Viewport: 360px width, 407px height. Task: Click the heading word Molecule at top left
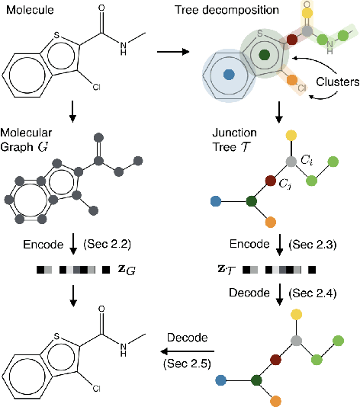pyautogui.click(x=27, y=8)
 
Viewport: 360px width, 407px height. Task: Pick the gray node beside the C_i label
pyautogui.click(x=290, y=162)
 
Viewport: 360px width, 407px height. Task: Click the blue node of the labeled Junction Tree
pyautogui.click(x=216, y=202)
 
